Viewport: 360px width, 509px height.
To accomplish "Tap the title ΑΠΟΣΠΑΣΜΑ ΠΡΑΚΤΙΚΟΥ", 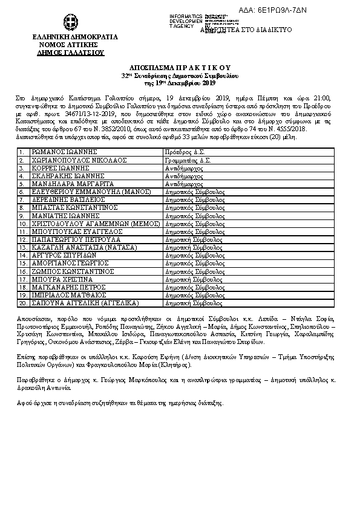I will coord(180,68).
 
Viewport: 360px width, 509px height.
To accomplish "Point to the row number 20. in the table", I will coord(22,302).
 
